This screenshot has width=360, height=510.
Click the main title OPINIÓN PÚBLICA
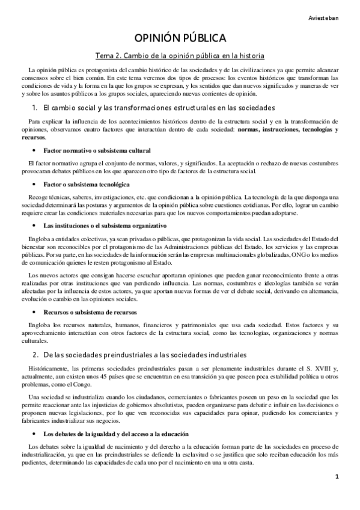point(180,38)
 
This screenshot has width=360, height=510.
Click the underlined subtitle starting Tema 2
point(180,57)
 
